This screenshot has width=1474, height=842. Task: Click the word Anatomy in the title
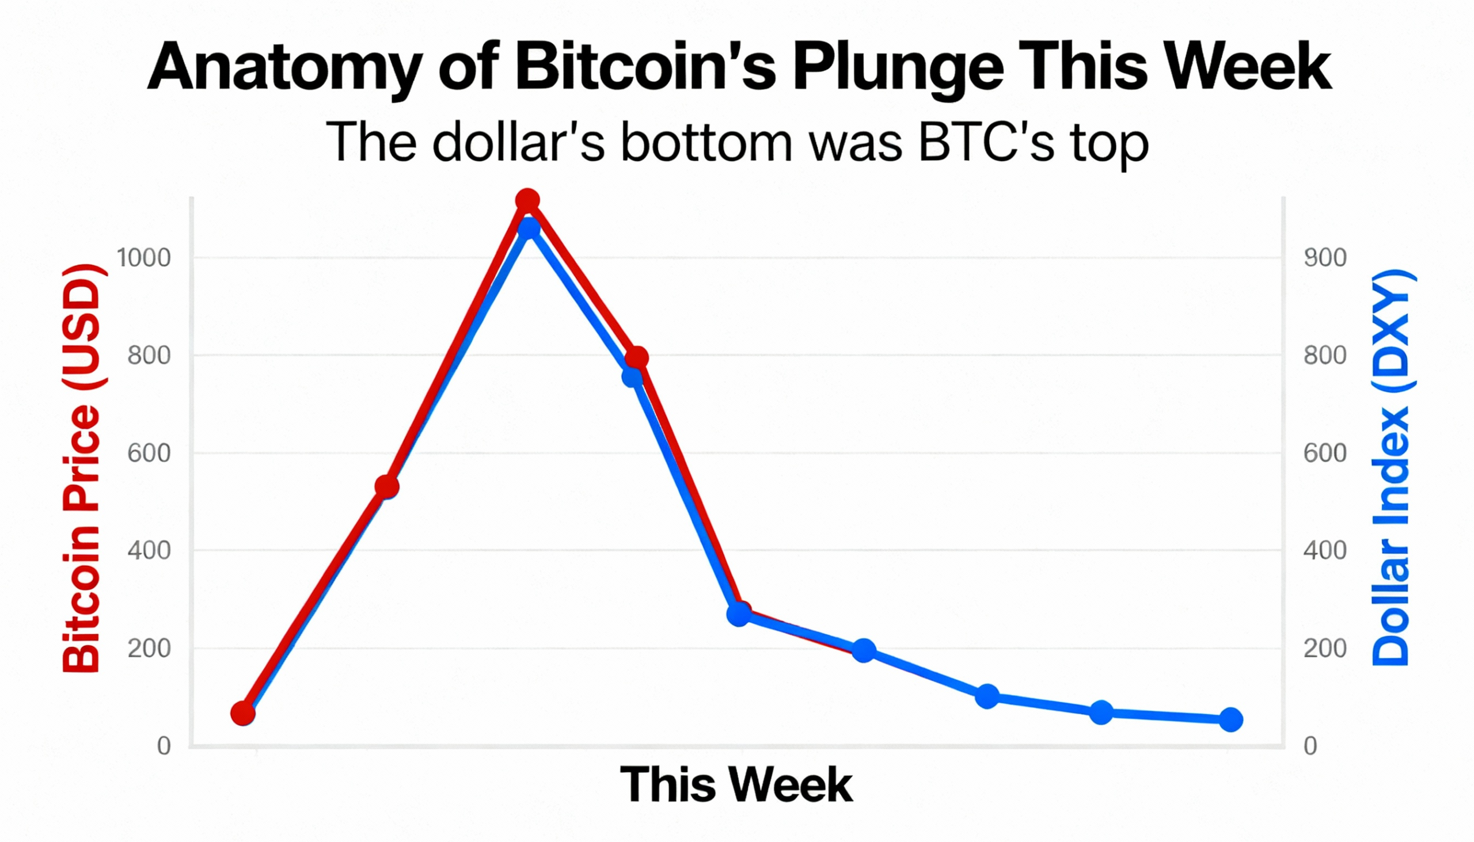click(283, 68)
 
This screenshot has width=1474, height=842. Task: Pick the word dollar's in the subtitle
click(518, 142)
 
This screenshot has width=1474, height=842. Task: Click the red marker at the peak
click(527, 201)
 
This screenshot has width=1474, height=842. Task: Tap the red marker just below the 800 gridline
click(636, 358)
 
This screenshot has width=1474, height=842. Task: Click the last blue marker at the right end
click(1230, 720)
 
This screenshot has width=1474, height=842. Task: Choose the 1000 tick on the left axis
click(144, 257)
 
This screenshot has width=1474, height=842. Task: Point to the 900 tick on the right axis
click(1325, 257)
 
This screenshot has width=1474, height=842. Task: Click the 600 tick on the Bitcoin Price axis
click(149, 453)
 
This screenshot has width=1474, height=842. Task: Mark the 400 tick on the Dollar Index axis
click(1325, 550)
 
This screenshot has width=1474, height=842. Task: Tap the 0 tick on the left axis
click(164, 746)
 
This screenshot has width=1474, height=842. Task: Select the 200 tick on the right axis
click(1325, 648)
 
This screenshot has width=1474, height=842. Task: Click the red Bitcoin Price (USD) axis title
click(82, 468)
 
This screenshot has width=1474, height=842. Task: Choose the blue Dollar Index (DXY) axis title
click(1391, 468)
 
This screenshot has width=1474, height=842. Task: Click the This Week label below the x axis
click(736, 785)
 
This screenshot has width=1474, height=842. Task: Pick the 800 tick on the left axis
click(149, 355)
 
